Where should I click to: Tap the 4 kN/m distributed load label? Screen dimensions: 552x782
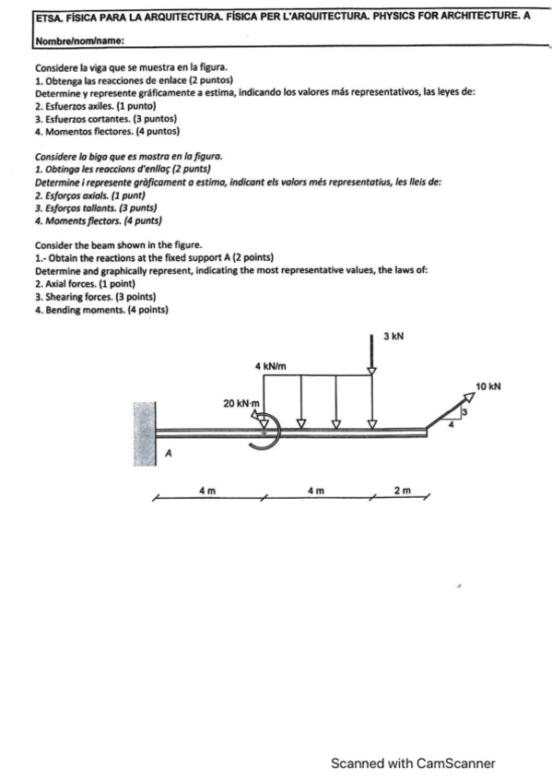coord(272,368)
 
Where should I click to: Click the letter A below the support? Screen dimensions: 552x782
coord(168,454)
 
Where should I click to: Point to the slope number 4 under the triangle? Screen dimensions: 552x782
coord(451,425)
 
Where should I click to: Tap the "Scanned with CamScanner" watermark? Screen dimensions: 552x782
coord(414,763)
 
